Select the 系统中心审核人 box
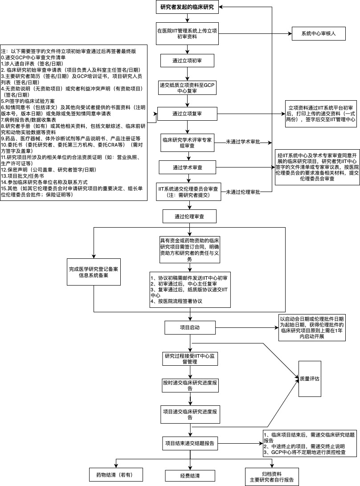pos(318,33)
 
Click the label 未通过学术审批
pos(243,142)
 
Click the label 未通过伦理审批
pos(243,192)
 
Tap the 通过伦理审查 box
pos(189,216)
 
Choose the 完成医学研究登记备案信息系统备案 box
pos(94,272)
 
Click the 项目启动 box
pos(189,327)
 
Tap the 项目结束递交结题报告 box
pos(189,443)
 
